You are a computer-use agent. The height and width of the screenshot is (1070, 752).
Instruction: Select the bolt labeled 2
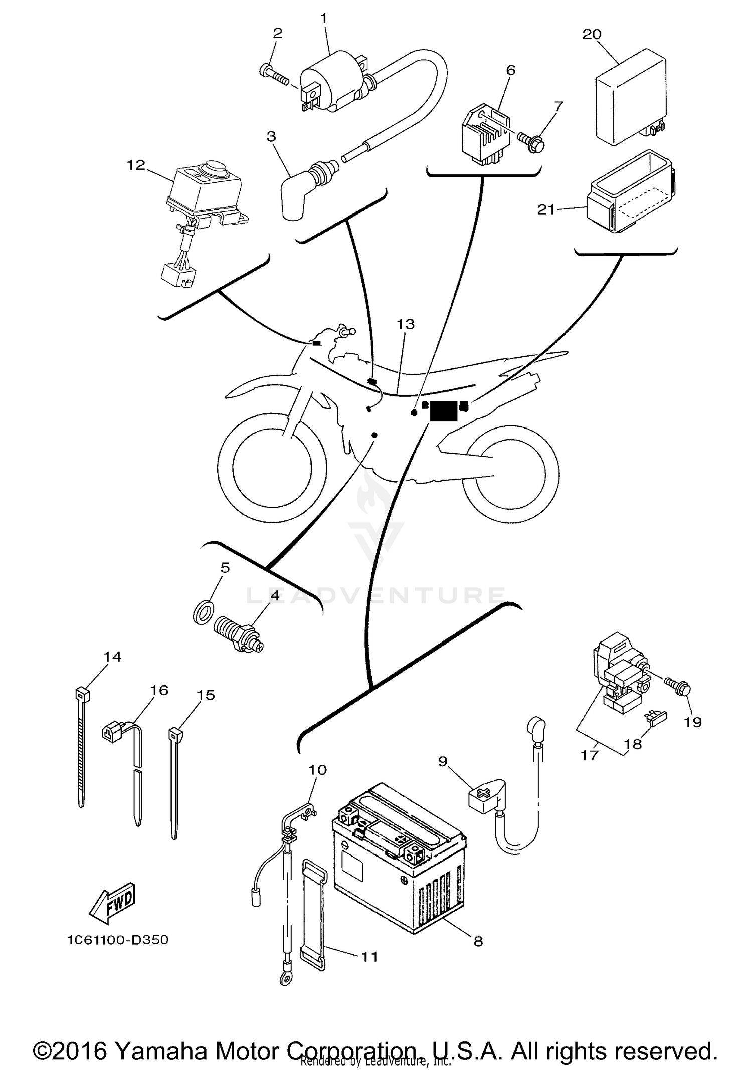point(273,74)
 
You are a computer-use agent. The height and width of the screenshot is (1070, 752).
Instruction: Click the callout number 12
point(136,165)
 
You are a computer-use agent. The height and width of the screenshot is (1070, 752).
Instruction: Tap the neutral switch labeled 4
point(236,634)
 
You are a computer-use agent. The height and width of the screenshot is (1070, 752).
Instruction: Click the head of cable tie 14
point(82,694)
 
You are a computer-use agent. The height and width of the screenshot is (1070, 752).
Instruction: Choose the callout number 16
point(159,690)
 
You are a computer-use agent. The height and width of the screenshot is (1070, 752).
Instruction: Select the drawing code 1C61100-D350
point(118,940)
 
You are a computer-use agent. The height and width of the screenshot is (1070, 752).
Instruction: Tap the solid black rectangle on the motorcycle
point(444,411)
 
